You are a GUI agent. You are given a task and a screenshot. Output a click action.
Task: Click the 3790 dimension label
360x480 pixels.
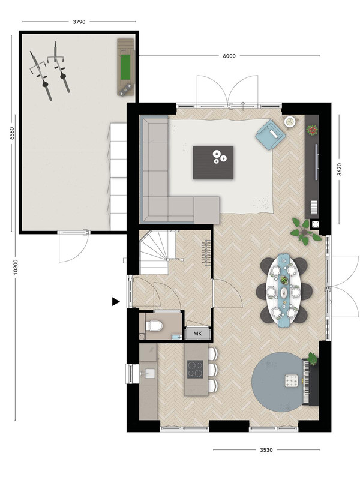point(79,22)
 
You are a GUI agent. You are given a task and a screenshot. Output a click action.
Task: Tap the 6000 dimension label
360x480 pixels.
point(229,56)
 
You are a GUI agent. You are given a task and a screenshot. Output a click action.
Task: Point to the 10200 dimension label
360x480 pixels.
point(16,266)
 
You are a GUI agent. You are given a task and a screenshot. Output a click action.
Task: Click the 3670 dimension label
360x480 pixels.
point(339,169)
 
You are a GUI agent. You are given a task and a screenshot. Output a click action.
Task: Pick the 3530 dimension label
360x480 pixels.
point(266,449)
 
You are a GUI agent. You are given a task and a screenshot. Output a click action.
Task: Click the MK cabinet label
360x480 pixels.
point(198,334)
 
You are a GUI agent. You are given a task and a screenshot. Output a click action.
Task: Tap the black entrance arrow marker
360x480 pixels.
point(115,302)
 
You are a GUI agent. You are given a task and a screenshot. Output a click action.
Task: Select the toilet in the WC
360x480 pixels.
point(154,326)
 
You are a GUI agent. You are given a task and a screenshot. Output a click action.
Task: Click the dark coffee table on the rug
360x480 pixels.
point(213,163)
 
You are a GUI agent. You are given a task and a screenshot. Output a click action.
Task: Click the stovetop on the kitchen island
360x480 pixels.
point(195,369)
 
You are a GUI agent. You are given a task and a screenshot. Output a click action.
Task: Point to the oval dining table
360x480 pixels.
point(284,290)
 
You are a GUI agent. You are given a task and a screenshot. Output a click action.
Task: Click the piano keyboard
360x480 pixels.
point(305,382)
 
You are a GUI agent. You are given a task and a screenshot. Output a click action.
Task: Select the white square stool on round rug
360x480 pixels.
point(291,380)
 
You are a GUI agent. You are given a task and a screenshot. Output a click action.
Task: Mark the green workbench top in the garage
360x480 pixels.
point(125,67)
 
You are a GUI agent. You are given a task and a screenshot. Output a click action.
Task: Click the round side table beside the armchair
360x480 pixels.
point(290,122)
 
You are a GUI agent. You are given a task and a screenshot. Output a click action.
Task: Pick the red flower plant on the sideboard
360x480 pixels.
point(312,130)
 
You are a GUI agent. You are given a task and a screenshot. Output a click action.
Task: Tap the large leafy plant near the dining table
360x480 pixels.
point(304,232)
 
